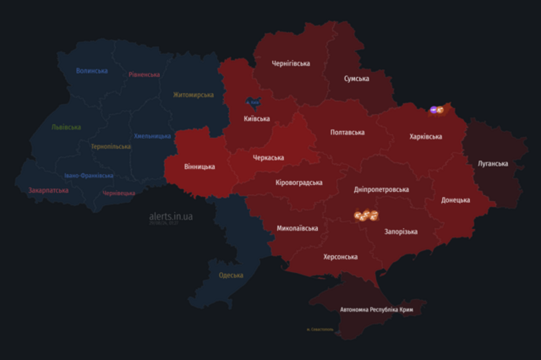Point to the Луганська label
(x=493, y=163)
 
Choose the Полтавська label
(x=347, y=133)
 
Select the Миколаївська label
(x=298, y=228)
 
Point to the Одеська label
(x=231, y=275)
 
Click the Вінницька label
(x=199, y=166)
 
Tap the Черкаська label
(x=268, y=157)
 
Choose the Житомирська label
(x=194, y=95)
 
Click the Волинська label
(x=91, y=71)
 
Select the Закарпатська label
(x=48, y=191)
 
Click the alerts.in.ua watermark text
(x=171, y=217)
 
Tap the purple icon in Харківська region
(x=434, y=110)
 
